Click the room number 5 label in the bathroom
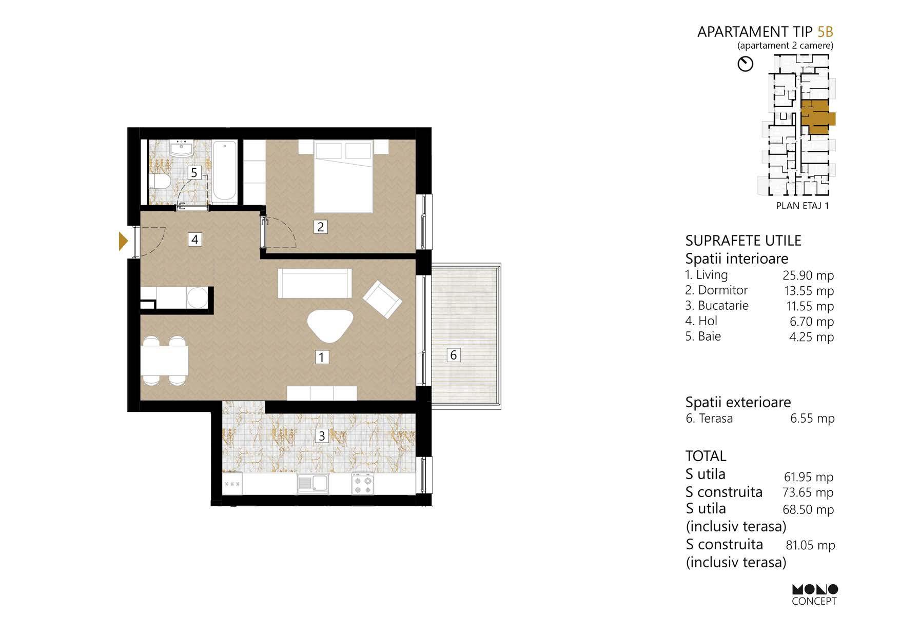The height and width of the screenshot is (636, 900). (194, 173)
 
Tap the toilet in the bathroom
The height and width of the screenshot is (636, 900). (159, 182)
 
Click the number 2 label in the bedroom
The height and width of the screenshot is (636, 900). (321, 227)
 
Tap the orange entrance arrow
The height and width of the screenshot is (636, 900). (123, 241)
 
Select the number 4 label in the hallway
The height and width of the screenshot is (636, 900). (194, 239)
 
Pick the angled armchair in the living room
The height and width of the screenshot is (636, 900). (382, 299)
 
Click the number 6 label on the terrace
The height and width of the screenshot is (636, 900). (453, 355)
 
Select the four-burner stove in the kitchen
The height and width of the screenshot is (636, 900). (363, 484)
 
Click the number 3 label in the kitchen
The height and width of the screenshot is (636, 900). (322, 436)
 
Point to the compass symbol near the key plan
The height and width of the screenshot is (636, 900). (745, 64)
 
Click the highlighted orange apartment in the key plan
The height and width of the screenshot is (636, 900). (815, 117)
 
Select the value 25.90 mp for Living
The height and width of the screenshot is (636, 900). (808, 275)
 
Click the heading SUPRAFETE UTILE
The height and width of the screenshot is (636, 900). (743, 241)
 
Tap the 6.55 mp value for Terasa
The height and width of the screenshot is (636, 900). (812, 419)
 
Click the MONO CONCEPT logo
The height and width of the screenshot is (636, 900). (814, 594)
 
